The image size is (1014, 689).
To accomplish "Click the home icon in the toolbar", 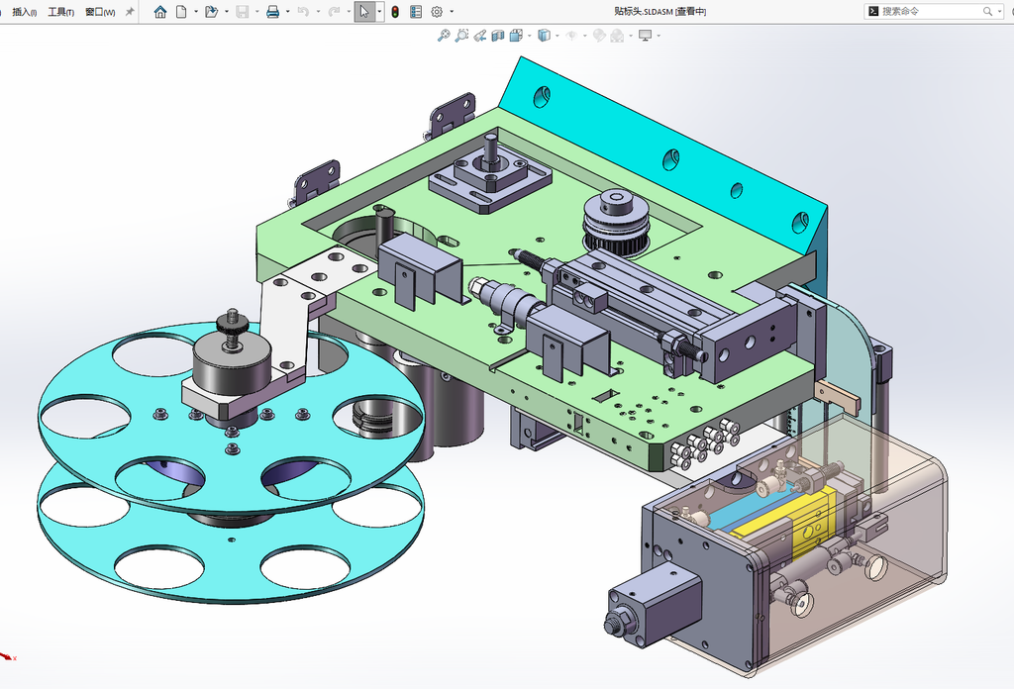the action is [x=159, y=12].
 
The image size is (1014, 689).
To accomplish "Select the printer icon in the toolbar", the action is [x=273, y=12].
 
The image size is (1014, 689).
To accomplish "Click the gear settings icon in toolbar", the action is [x=437, y=12].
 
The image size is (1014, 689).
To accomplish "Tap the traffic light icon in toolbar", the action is [x=395, y=12].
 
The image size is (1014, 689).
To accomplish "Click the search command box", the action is [x=932, y=11].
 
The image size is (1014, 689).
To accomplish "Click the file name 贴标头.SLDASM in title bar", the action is [x=644, y=12].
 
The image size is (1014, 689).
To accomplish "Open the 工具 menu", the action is [x=60, y=12].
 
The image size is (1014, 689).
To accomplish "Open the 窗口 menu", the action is [x=100, y=12].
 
